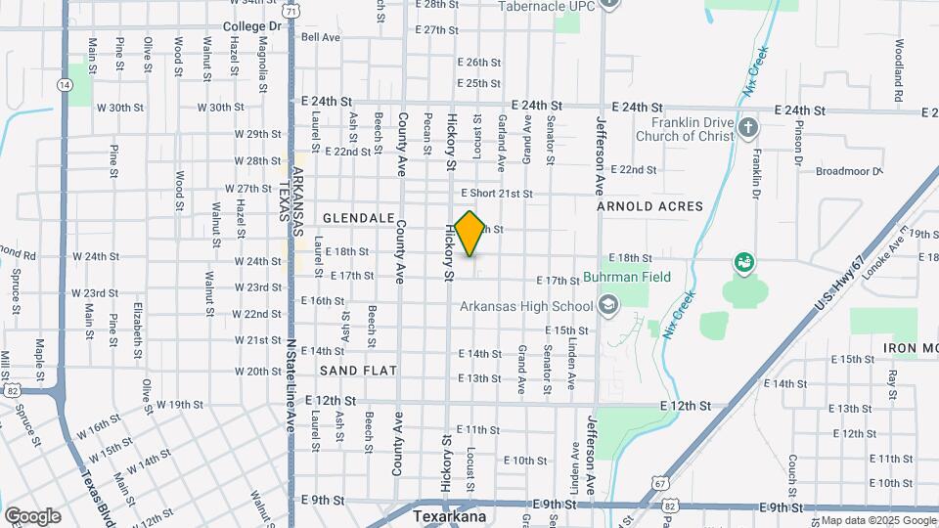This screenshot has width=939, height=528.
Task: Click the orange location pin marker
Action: (x=470, y=234)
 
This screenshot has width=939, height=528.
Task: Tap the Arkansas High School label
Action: (x=527, y=307)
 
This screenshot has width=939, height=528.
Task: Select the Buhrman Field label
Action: (x=629, y=278)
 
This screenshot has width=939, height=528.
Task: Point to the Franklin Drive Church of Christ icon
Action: (x=747, y=128)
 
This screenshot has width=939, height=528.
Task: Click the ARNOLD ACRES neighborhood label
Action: (x=650, y=206)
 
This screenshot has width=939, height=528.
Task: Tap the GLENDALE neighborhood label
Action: (x=358, y=217)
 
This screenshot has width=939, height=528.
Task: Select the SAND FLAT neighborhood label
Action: (x=358, y=371)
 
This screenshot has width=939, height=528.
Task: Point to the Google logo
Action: (x=32, y=515)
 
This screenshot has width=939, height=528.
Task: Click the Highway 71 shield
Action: (x=294, y=10)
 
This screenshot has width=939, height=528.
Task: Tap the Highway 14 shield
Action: (x=65, y=85)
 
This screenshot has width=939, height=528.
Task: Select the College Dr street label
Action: (x=251, y=26)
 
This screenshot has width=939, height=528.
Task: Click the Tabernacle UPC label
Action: (x=547, y=6)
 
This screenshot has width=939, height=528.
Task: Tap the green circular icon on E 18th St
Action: (x=744, y=262)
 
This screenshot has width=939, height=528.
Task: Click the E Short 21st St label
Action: (x=497, y=195)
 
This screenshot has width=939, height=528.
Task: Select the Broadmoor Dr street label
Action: (x=848, y=171)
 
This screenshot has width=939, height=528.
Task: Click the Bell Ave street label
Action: (x=321, y=37)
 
